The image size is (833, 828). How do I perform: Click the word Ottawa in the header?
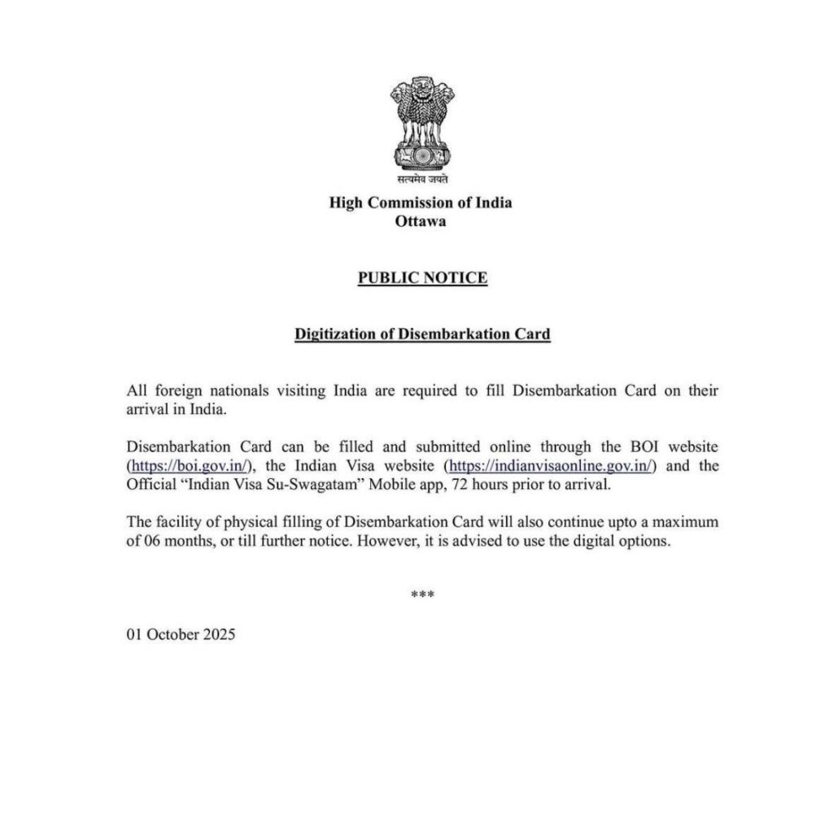[421, 220]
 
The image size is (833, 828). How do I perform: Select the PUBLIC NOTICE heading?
[422, 278]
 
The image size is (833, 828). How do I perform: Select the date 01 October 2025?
[181, 635]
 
